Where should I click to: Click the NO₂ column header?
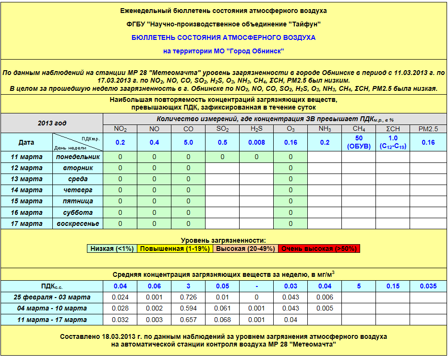click(x=120, y=129)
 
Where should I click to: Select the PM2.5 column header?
click(x=428, y=129)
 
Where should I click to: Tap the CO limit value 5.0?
click(x=188, y=142)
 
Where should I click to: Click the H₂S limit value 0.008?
click(x=256, y=142)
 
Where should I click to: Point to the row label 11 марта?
click(x=26, y=157)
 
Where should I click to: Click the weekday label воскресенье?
click(x=78, y=223)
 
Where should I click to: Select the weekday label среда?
click(x=78, y=179)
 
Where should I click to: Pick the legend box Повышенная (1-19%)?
click(x=175, y=248)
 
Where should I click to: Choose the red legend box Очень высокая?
click(x=319, y=248)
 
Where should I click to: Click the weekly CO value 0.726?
click(x=188, y=297)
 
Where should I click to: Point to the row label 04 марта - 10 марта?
click(x=52, y=309)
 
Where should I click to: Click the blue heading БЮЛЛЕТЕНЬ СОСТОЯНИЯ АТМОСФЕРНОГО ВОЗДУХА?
click(x=223, y=37)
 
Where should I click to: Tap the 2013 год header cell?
click(x=52, y=123)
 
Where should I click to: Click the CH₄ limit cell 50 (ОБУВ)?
click(x=359, y=142)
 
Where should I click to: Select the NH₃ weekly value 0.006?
click(x=325, y=297)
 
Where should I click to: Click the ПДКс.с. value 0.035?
click(x=428, y=286)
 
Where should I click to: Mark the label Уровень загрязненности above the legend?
click(x=223, y=240)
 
